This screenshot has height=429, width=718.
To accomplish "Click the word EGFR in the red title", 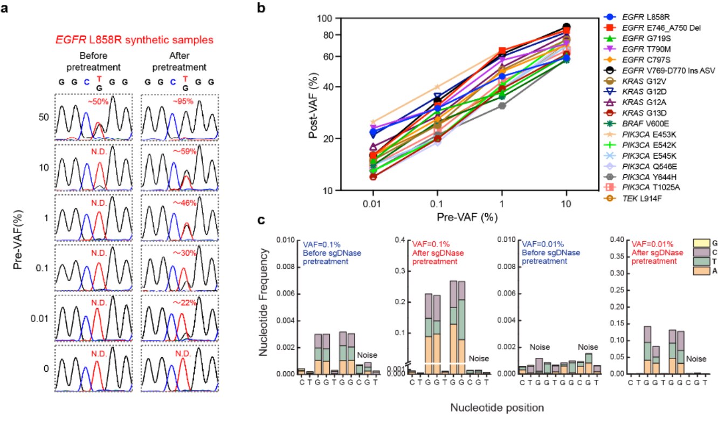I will (x=68, y=40).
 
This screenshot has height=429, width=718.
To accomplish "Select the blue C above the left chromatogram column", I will (x=86, y=83).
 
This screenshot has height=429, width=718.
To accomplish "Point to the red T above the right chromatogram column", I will (x=185, y=79).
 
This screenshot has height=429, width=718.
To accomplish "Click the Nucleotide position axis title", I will (x=497, y=407).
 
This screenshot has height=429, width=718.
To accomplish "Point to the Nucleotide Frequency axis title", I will (x=264, y=302).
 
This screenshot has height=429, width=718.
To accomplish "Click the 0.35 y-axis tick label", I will (x=617, y=256).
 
